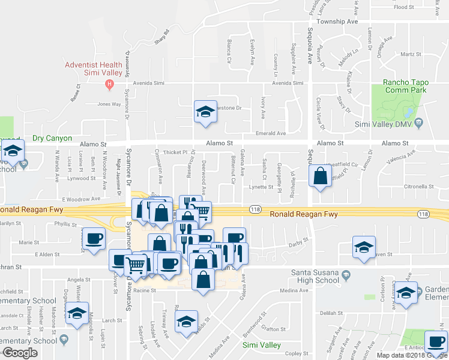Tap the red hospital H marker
109,83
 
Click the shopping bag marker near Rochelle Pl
321,176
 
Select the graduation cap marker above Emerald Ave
205,112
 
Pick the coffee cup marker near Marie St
95,239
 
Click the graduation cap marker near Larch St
77,313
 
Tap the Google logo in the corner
20,353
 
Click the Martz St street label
411,54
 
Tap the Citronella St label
418,187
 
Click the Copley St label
297,353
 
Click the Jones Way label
109,104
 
